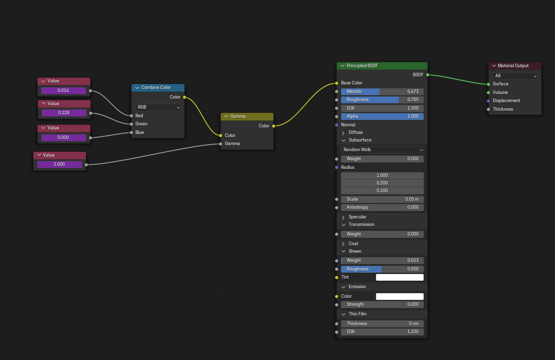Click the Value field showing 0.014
63,91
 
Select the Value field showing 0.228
64,113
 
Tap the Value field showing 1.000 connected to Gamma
60,164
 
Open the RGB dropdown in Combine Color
158,107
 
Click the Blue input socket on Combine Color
131,132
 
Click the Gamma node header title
238,116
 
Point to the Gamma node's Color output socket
273,126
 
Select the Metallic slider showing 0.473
382,92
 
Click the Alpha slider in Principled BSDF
382,116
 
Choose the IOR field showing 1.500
382,108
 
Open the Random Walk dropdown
382,150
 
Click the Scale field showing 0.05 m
382,199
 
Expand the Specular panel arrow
343,217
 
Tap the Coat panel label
353,244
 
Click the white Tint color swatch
400,277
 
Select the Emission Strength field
382,304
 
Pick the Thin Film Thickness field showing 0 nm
382,324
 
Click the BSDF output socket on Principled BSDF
428,75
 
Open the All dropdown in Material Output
515,76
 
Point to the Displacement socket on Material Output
488,101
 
